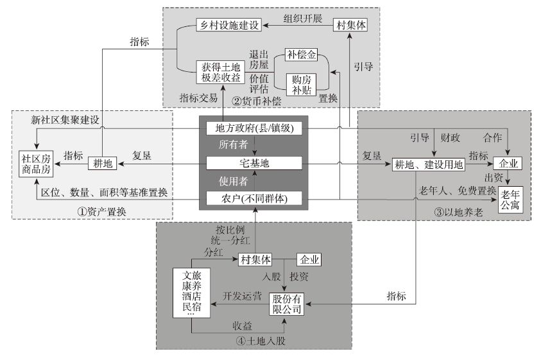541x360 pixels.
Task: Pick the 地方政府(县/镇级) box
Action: pyautogui.click(x=255, y=129)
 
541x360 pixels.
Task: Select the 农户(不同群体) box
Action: pyautogui.click(x=255, y=198)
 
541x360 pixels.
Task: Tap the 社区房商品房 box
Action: pyautogui.click(x=37, y=164)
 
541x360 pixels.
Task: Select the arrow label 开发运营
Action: pyautogui.click(x=243, y=296)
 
